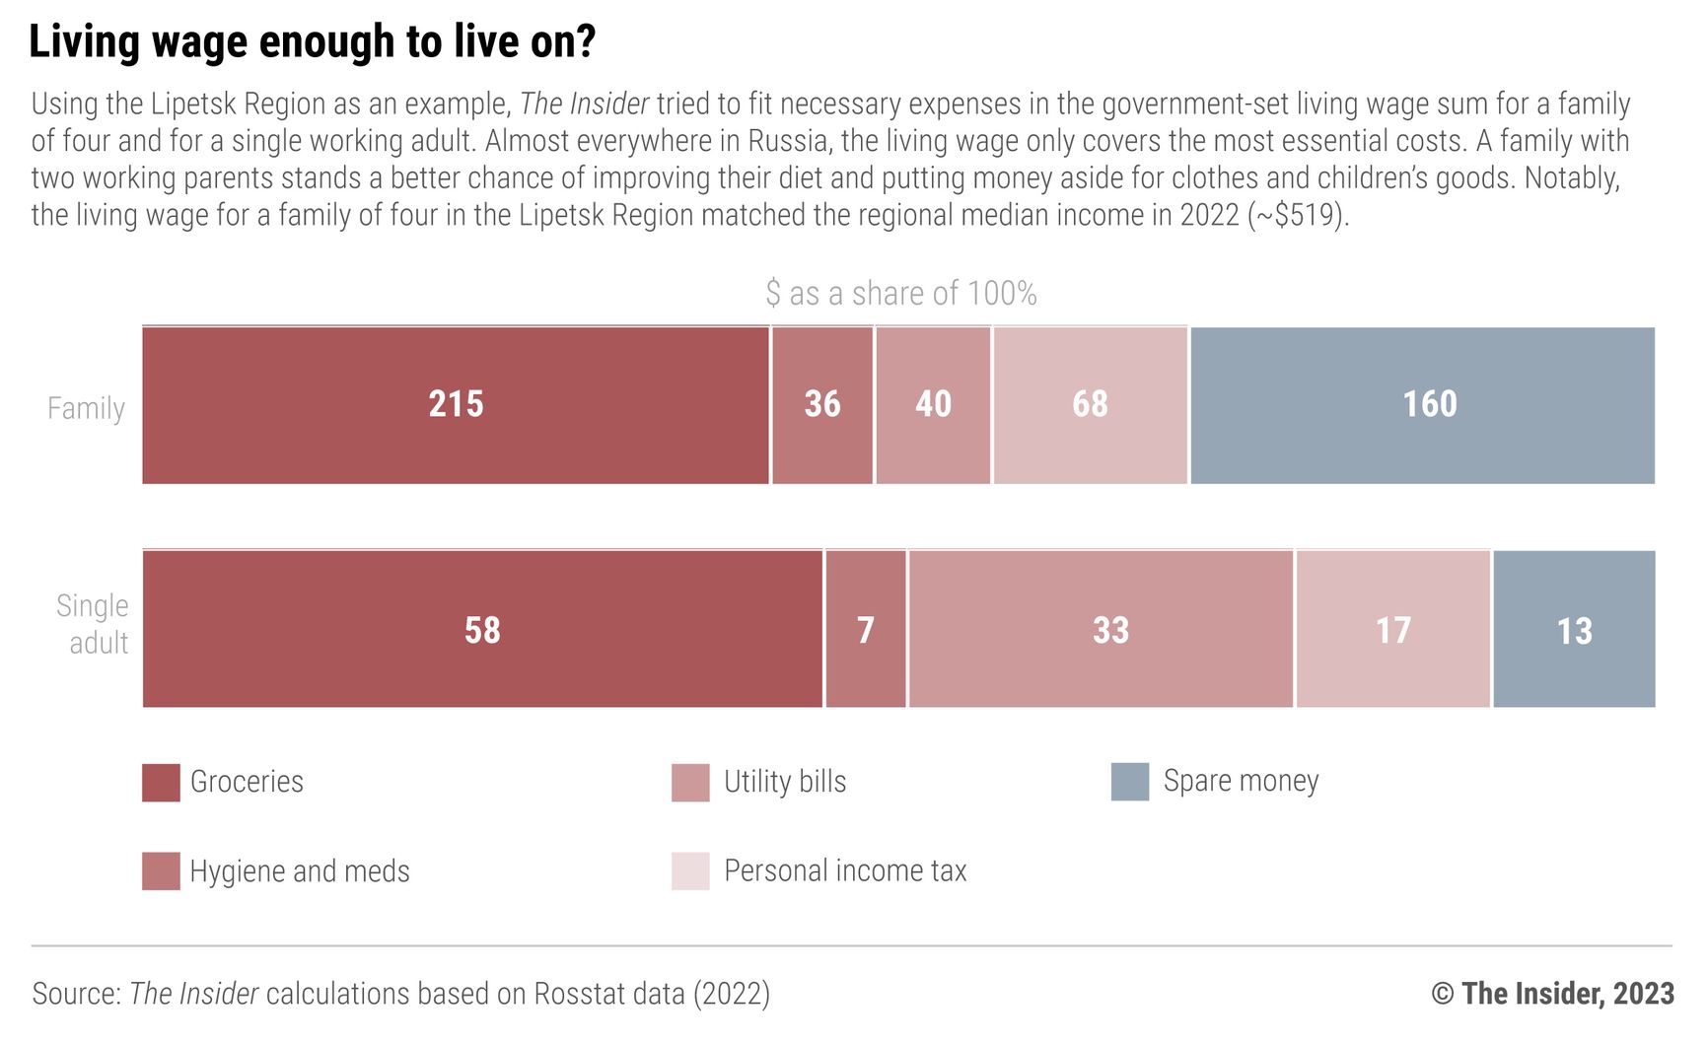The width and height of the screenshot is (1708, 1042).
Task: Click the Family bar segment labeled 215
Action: [x=456, y=405]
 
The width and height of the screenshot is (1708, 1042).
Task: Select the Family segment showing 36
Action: [x=822, y=405]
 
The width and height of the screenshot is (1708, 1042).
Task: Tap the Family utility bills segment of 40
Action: [x=933, y=405]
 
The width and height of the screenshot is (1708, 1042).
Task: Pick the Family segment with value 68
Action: [x=1090, y=405]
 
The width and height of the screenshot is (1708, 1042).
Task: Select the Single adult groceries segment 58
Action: [x=482, y=629]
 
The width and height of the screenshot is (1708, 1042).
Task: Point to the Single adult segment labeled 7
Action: [x=865, y=629]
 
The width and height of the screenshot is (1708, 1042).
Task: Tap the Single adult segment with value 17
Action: [x=1392, y=629]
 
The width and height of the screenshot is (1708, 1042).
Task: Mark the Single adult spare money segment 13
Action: [x=1574, y=629]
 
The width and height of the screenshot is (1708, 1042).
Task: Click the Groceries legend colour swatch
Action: [x=161, y=782]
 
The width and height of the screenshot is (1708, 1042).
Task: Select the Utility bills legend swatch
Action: [x=690, y=782]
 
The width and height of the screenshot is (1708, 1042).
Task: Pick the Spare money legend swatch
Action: [x=1130, y=781]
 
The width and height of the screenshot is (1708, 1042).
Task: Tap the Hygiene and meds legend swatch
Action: [x=161, y=871]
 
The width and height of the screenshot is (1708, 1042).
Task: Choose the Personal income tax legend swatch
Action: [x=690, y=871]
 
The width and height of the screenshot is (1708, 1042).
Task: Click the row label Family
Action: [x=86, y=408]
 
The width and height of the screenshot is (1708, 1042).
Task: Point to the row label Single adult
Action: [x=93, y=624]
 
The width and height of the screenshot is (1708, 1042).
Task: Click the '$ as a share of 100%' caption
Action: [x=900, y=293]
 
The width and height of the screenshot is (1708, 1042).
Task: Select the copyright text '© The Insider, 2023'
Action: [x=1552, y=993]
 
